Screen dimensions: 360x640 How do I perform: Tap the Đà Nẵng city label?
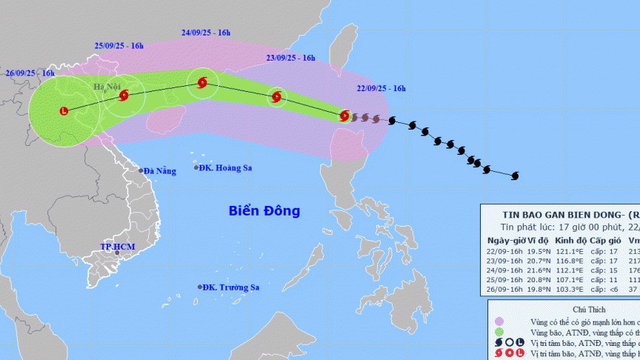[x=160, y=171]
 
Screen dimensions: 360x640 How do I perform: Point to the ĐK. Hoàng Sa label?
[x=227, y=168]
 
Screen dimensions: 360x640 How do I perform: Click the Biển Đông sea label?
[x=264, y=211]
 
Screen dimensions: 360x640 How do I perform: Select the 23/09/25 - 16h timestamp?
[x=291, y=58]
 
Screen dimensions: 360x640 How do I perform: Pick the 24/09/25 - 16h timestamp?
[x=206, y=33]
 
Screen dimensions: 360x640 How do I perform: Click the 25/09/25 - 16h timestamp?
[x=119, y=47]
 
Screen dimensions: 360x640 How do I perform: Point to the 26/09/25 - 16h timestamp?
[x=30, y=73]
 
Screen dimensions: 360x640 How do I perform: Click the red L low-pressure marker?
[x=63, y=112]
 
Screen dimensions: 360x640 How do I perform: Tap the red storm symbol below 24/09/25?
[x=202, y=83]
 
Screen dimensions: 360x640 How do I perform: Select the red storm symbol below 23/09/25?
[x=276, y=96]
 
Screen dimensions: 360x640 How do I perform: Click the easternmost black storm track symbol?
[x=516, y=176]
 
